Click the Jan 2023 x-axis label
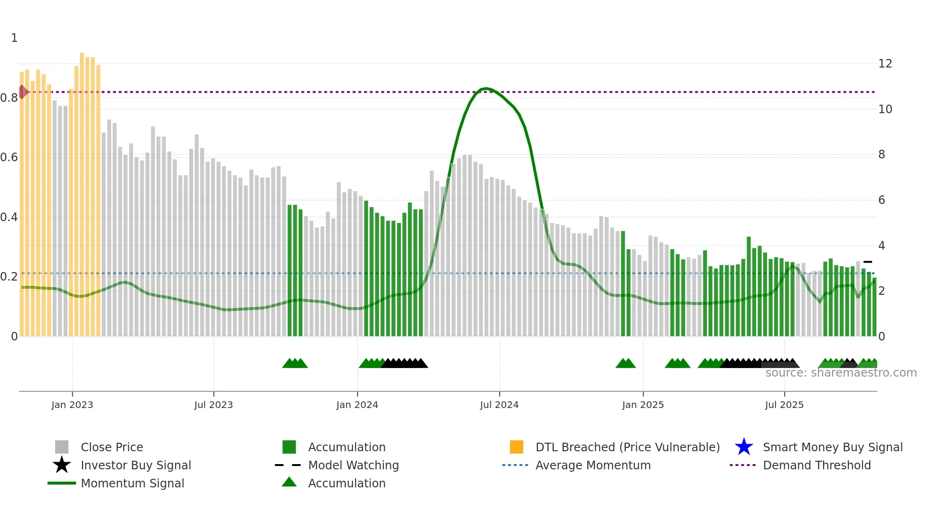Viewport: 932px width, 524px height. [72, 405]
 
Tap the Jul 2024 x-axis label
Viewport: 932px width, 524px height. [499, 405]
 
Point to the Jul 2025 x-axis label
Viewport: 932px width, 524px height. [784, 405]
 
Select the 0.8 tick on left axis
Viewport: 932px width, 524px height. [9, 98]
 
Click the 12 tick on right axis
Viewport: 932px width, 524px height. [885, 64]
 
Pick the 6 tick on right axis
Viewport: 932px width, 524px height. [882, 200]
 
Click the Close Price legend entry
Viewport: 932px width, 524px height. [112, 447]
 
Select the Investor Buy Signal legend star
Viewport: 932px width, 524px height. [62, 465]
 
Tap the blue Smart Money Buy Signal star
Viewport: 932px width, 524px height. [744, 447]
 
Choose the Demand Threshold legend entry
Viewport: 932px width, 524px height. [816, 465]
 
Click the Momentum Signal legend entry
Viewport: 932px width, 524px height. [132, 483]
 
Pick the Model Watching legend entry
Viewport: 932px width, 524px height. [353, 465]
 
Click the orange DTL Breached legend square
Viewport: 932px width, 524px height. [516, 447]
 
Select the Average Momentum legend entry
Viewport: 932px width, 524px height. [593, 465]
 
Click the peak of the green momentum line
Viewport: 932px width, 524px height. [485, 88]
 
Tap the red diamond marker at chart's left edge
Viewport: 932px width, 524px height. [22, 92]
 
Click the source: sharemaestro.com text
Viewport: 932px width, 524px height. [841, 373]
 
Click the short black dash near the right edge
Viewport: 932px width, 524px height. [868, 262]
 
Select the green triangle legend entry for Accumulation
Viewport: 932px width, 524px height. [289, 483]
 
